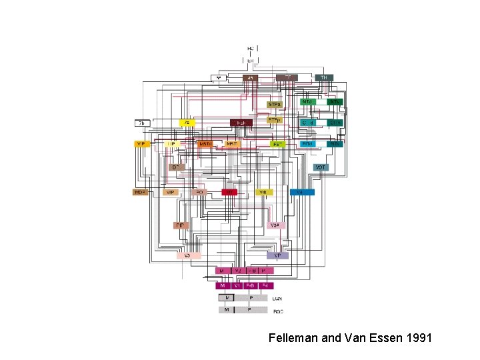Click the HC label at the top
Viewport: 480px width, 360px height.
pos(251,49)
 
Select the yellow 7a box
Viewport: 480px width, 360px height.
pos(188,123)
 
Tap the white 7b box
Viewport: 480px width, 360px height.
pos(142,123)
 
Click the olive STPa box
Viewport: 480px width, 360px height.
pos(274,105)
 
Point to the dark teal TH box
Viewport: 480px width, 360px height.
pos(325,78)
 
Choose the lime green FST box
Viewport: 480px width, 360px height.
pos(277,144)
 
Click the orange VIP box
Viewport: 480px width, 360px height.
pos(141,144)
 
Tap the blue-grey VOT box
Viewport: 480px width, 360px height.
pos(321,167)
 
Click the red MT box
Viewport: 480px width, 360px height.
pos(230,192)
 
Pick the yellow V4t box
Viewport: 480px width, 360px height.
pos(265,192)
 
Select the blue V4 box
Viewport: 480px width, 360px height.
pos(302,192)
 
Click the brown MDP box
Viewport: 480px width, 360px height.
pos(140,192)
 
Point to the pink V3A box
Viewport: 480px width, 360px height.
pos(275,225)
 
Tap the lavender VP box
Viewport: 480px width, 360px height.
pos(277,255)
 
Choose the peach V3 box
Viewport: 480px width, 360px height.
pos(188,255)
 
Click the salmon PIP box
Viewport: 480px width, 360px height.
pos(181,225)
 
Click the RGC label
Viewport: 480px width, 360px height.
pos(279,311)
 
